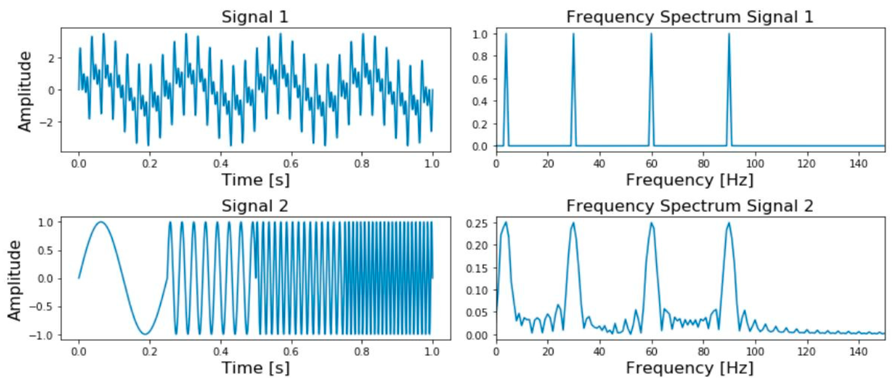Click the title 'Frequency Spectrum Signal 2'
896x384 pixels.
690,206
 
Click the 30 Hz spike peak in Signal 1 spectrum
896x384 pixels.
573,34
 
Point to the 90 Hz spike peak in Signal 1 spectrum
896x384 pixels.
729,34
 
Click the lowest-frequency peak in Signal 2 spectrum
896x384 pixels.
506,223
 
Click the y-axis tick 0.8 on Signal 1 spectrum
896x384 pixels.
480,56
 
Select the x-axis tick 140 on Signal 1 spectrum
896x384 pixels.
858,163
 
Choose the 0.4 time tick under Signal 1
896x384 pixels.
221,163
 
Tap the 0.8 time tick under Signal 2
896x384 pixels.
362,352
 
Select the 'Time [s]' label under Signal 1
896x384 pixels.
256,180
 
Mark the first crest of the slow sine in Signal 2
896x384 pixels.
101,222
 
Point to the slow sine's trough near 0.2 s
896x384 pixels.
145,334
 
